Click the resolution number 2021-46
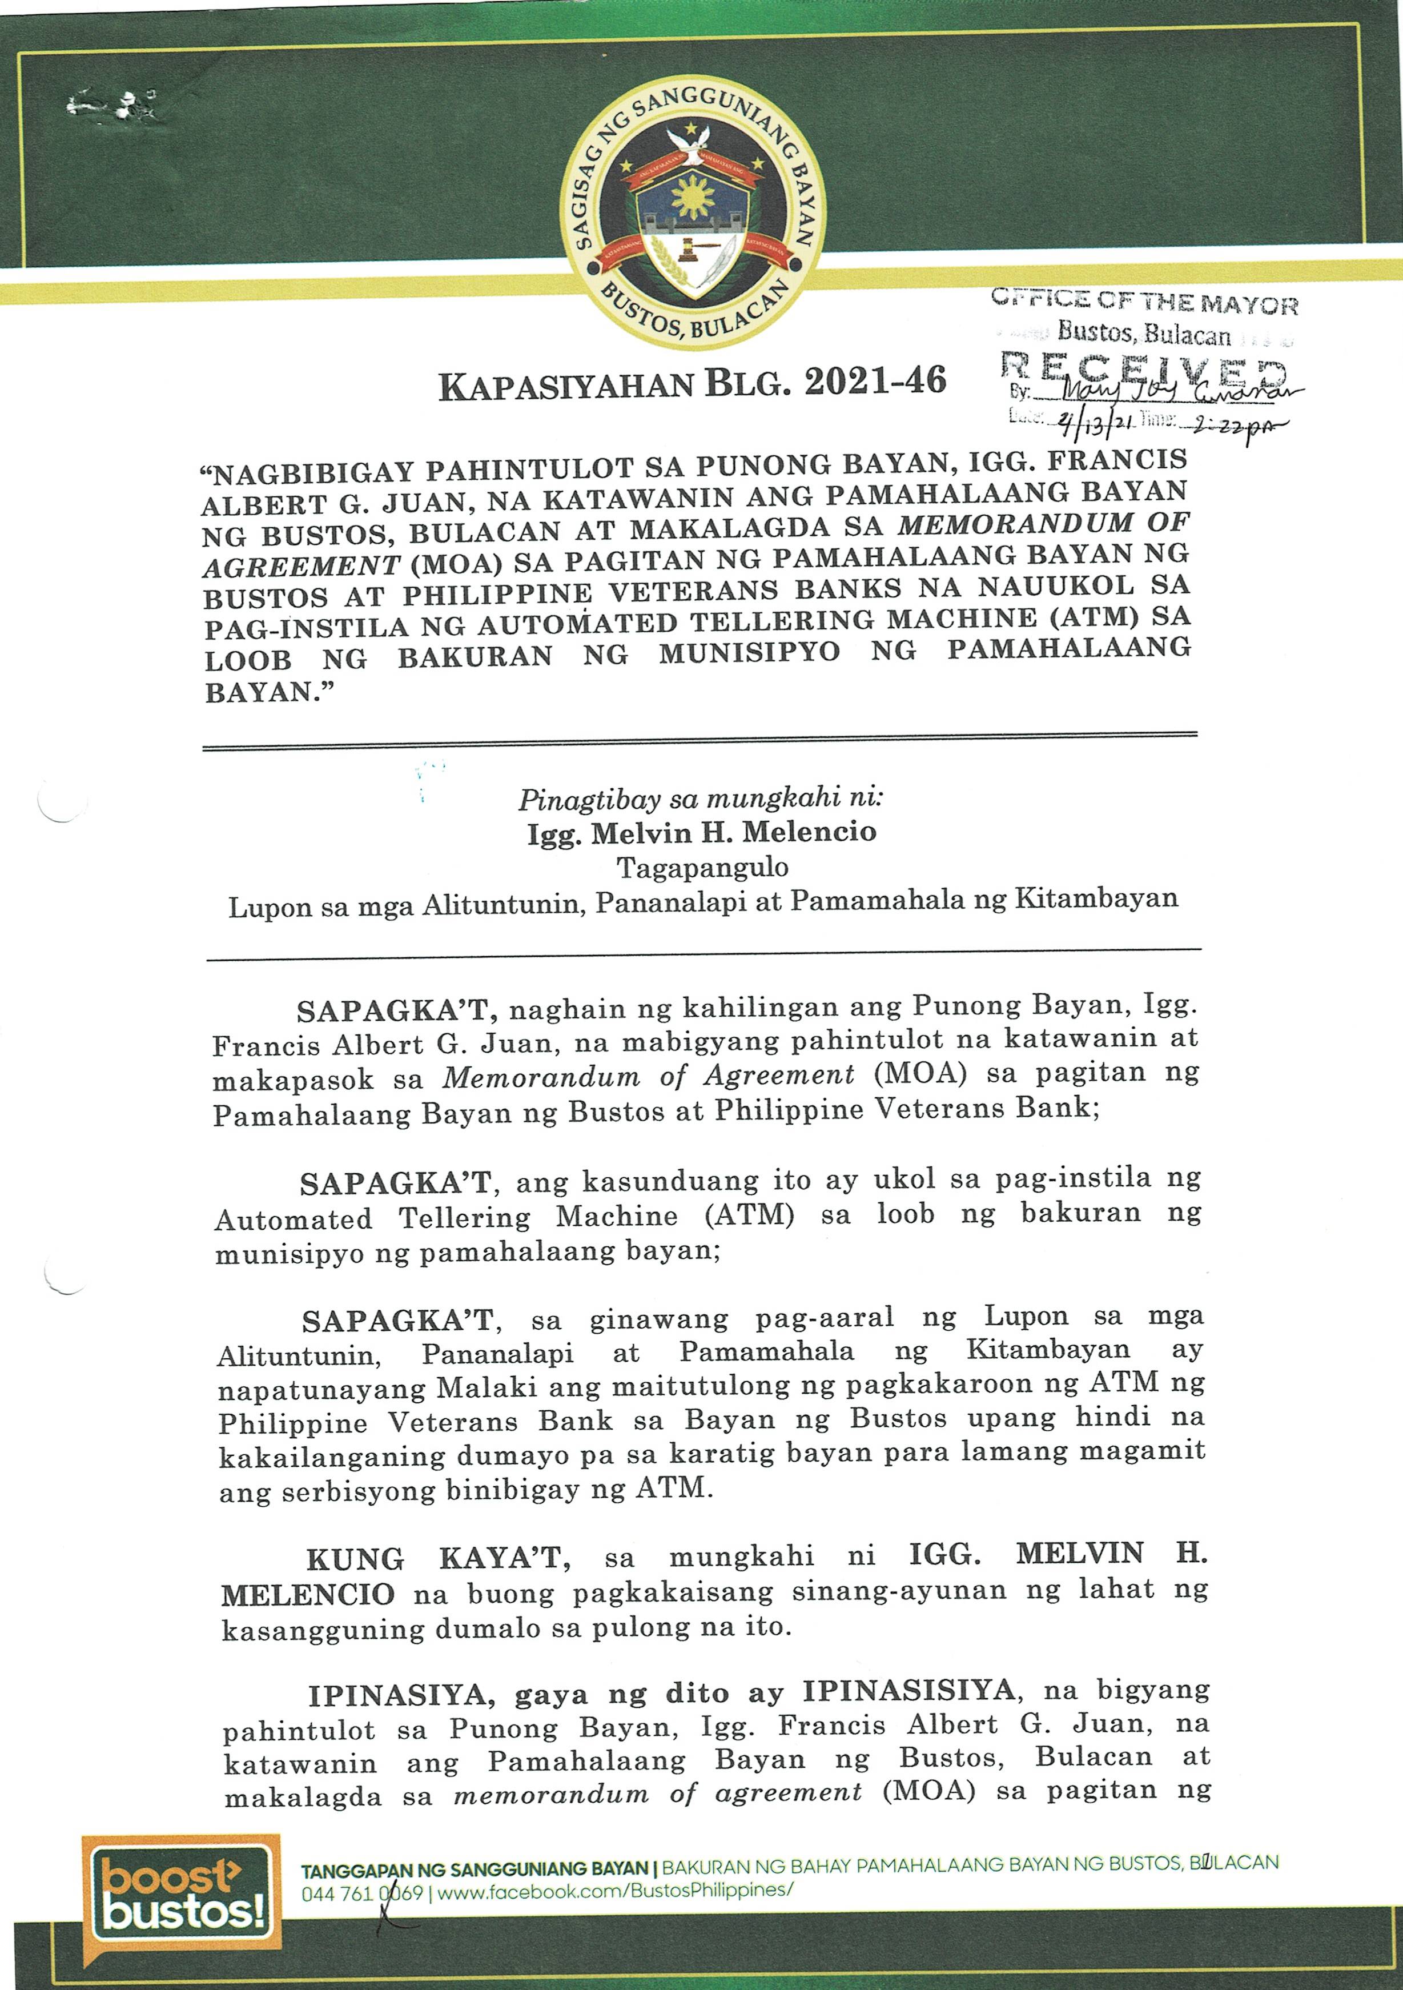875,382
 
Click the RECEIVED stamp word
1143,370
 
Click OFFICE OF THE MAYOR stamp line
1144,303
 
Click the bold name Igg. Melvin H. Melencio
702,833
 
